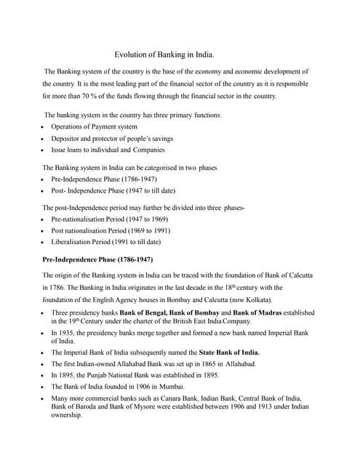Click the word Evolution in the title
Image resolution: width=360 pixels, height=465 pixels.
(132, 54)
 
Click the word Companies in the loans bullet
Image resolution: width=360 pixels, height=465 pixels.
(148, 150)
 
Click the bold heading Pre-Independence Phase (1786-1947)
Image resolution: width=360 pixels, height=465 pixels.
(97, 259)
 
